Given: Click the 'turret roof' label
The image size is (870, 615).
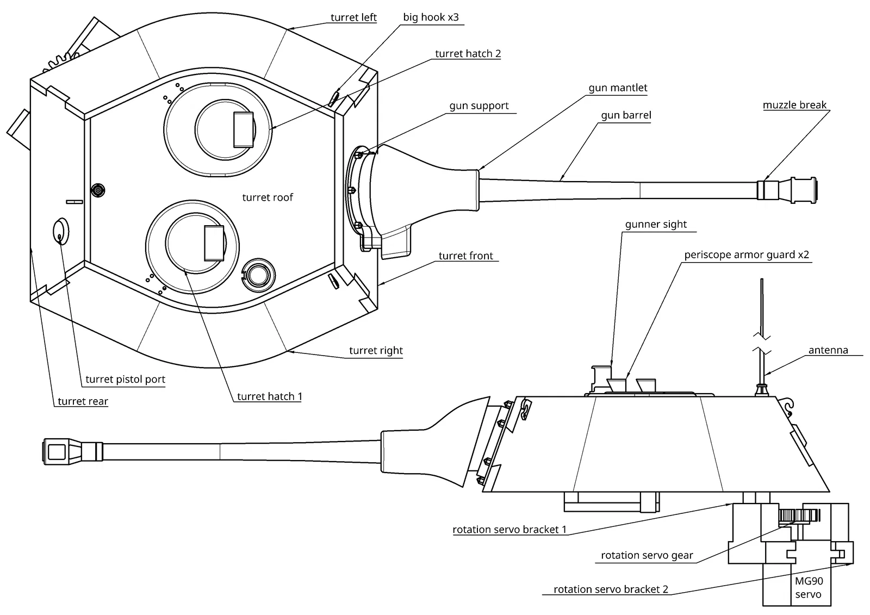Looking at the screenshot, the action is pos(268,197).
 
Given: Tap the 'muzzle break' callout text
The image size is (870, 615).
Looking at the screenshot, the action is pos(794,105).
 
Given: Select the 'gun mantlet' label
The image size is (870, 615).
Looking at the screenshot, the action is pos(618,88).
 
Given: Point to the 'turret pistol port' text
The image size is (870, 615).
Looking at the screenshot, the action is pos(125,379).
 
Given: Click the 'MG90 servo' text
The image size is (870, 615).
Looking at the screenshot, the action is pos(809,587).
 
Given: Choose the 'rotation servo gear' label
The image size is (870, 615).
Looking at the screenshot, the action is pos(647,555).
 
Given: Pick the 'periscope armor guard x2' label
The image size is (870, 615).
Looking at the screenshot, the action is pos(747,255).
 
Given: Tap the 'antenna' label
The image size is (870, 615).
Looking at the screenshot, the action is pos(828,350).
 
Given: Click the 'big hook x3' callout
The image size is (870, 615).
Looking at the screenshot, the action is pos(431,17).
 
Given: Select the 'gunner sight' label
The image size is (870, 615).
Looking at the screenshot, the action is pos(656,224).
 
